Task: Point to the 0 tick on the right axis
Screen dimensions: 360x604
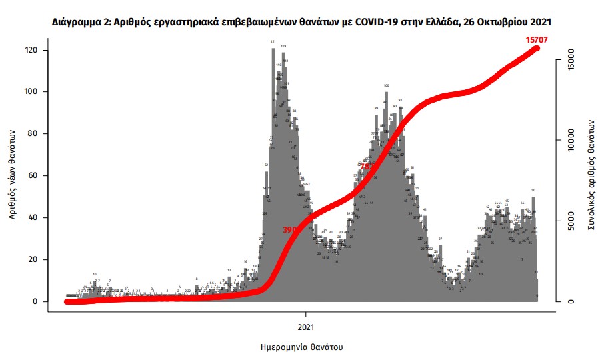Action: coord(570,301)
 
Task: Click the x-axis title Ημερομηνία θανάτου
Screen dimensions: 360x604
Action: coord(307,347)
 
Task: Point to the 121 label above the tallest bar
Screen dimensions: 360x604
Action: coord(273,41)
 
